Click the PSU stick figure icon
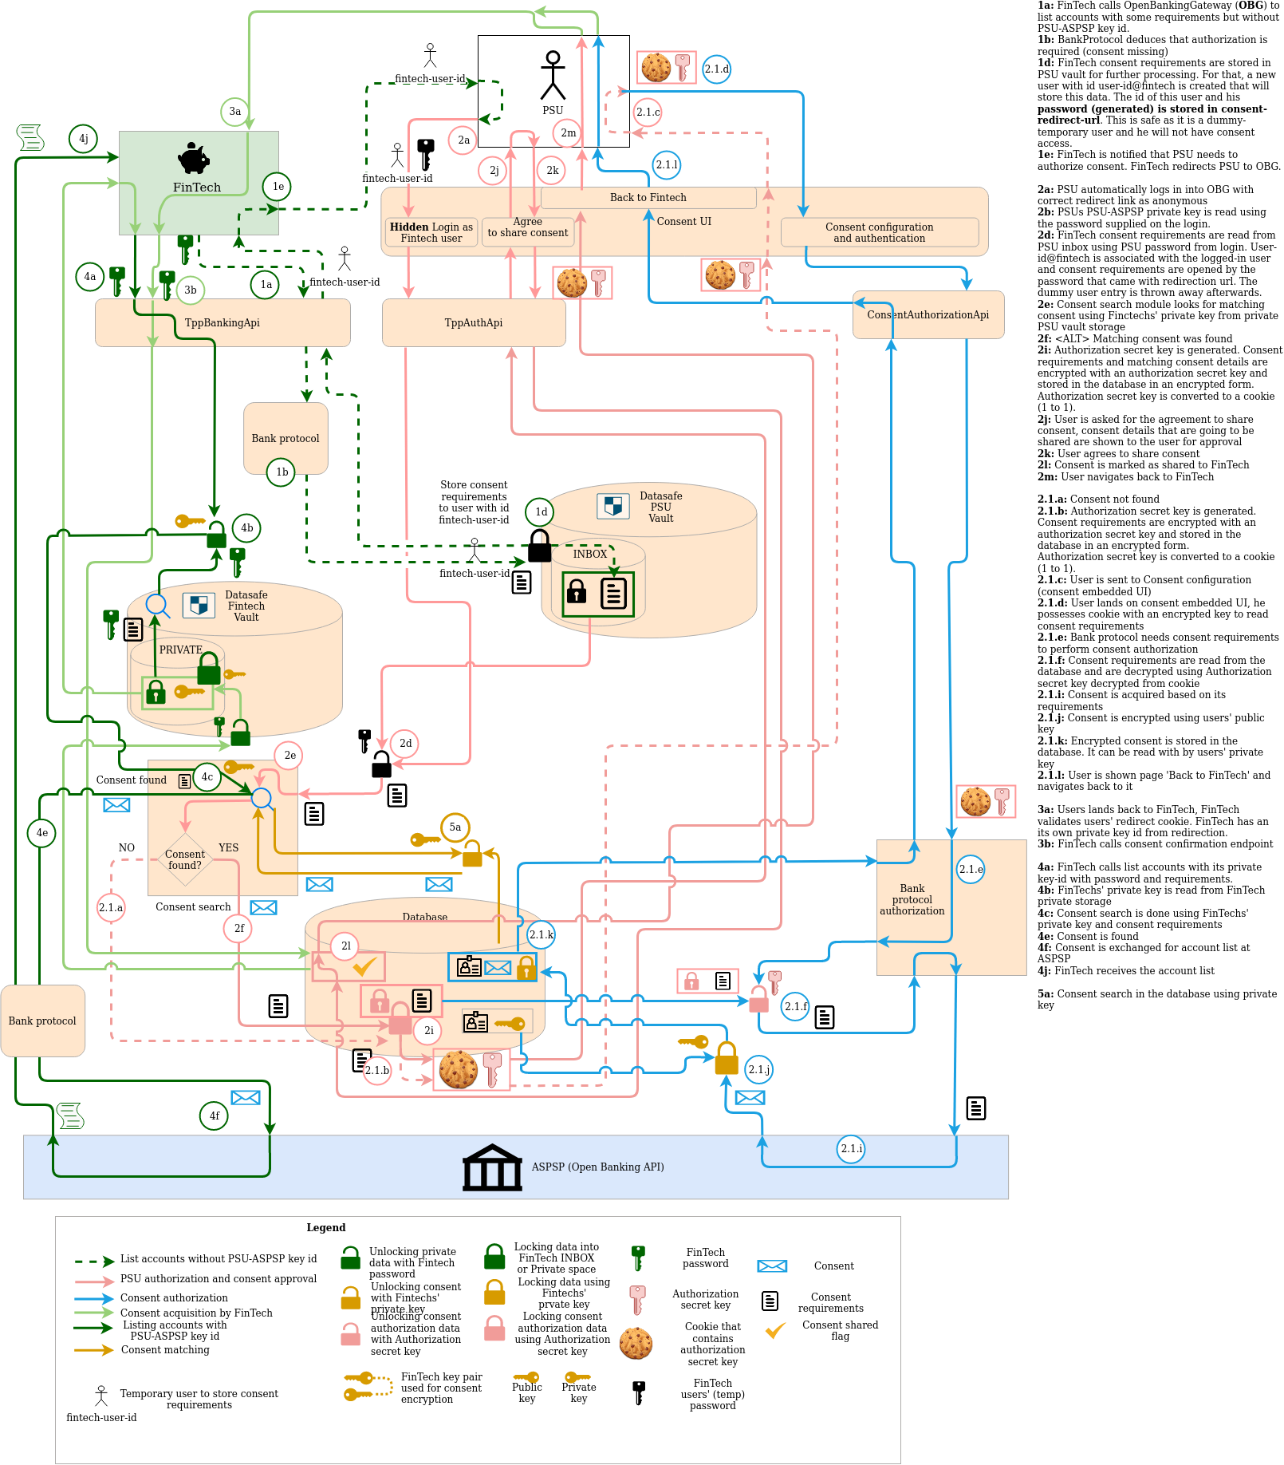(553, 75)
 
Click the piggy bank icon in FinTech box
(194, 158)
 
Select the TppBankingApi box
(223, 322)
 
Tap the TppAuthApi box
(474, 322)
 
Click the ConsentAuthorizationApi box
(928, 314)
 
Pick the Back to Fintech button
(648, 197)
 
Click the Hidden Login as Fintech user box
(431, 232)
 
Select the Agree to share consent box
(528, 231)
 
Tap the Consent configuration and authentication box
(880, 232)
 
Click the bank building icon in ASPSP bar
(492, 1167)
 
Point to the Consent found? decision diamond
(185, 859)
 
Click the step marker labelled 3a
(234, 112)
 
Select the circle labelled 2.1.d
(716, 69)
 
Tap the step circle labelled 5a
(455, 827)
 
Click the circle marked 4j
(83, 139)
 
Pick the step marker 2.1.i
(851, 1149)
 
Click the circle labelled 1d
(541, 512)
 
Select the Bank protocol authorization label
(912, 899)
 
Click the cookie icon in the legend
(636, 1344)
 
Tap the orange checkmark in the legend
(775, 1330)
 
